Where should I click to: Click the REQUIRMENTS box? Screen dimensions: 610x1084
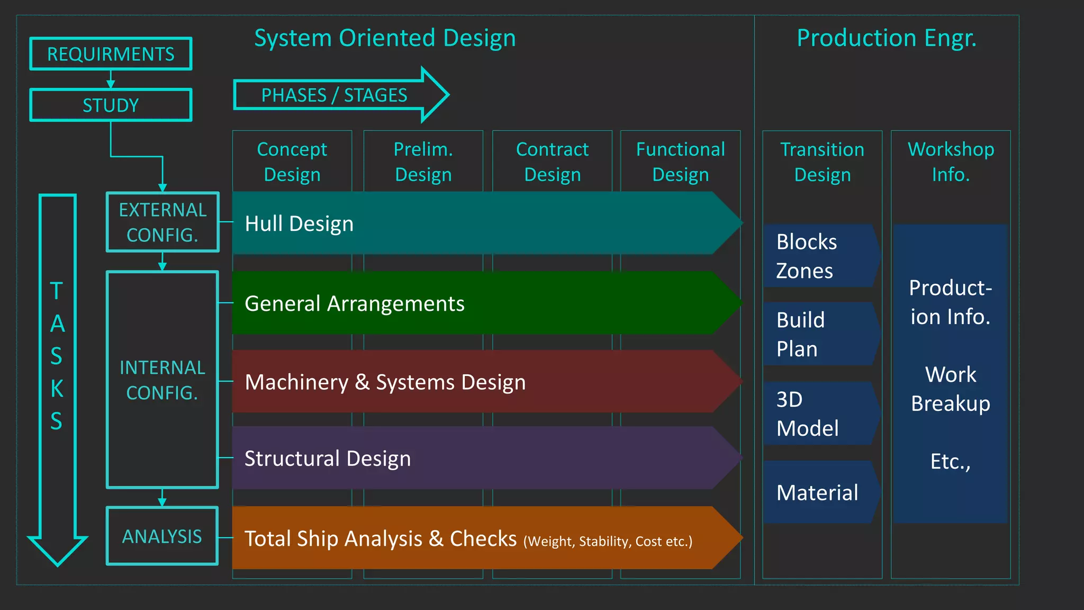click(111, 54)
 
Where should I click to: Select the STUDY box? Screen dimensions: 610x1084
click(111, 105)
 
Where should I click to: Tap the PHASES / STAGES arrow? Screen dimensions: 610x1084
click(335, 95)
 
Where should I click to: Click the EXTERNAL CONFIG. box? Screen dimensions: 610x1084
click(162, 222)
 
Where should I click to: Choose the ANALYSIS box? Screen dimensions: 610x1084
click(162, 536)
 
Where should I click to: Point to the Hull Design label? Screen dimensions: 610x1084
click(299, 223)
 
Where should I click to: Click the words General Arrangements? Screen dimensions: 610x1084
click(355, 304)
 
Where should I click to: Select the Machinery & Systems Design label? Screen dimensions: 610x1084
click(385, 382)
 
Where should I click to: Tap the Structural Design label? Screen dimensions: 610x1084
click(328, 459)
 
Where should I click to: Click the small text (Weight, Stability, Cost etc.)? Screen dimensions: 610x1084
click(608, 542)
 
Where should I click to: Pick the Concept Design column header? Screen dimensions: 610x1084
click(292, 162)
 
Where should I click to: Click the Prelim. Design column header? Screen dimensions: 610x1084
click(423, 162)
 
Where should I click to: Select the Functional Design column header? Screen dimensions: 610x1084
click(681, 162)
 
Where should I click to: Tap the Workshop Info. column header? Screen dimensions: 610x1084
click(951, 162)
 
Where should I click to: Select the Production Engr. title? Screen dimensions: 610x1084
click(887, 38)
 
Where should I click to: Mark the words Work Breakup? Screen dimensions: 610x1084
click(951, 389)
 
